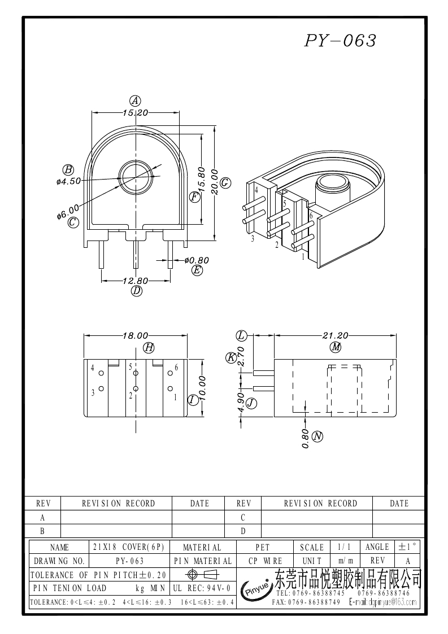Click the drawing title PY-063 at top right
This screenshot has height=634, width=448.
pyautogui.click(x=340, y=41)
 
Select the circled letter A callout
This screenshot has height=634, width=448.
pyautogui.click(x=135, y=101)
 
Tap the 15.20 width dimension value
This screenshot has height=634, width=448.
pyautogui.click(x=135, y=113)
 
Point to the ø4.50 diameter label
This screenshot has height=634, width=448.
pyautogui.click(x=68, y=181)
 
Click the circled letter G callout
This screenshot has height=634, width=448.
pyautogui.click(x=225, y=183)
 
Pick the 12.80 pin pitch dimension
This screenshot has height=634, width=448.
pyautogui.click(x=135, y=281)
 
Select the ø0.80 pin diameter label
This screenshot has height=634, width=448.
pyautogui.click(x=197, y=260)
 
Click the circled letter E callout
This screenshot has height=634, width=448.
pyautogui.click(x=197, y=270)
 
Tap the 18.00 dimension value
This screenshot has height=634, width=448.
pyautogui.click(x=136, y=335)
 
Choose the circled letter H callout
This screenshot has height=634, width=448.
pyautogui.click(x=149, y=348)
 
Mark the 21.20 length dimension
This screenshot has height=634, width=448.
pyautogui.click(x=335, y=335)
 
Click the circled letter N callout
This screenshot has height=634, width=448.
pyautogui.click(x=317, y=436)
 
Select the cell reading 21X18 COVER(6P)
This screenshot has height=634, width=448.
pyautogui.click(x=128, y=547)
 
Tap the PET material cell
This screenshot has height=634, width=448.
pyautogui.click(x=263, y=547)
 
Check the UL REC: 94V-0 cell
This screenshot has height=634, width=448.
pyautogui.click(x=202, y=588)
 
